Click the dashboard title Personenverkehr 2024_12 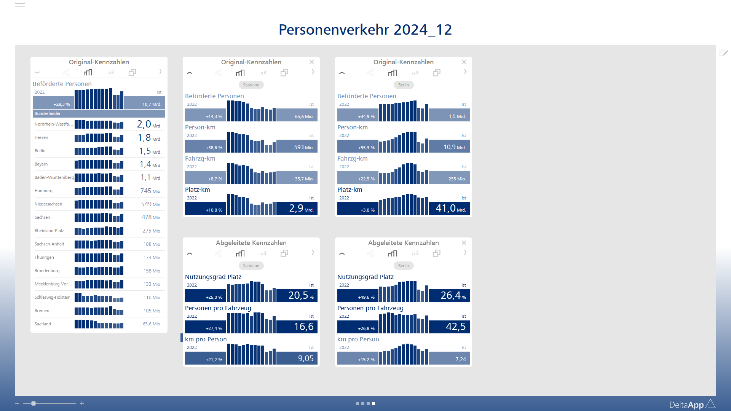pos(365,30)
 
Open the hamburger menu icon pos(20,6)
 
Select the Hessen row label pos(41,138)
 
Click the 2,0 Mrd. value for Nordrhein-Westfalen pos(149,124)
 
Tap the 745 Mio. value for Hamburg pos(150,191)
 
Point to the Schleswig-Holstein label pos(53,298)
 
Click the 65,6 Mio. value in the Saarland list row pos(152,324)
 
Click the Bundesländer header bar pos(99,113)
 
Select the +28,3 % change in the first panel pos(62,104)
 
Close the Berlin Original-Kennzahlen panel pos(464,62)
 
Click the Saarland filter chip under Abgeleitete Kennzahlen pos(251,266)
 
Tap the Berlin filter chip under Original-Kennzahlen pos(403,85)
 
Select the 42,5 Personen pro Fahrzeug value pos(456,327)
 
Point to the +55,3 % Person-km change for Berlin pos(366,148)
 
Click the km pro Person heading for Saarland pos(206,339)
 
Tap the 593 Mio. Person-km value pos(303,147)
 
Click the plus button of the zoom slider pos(82,403)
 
